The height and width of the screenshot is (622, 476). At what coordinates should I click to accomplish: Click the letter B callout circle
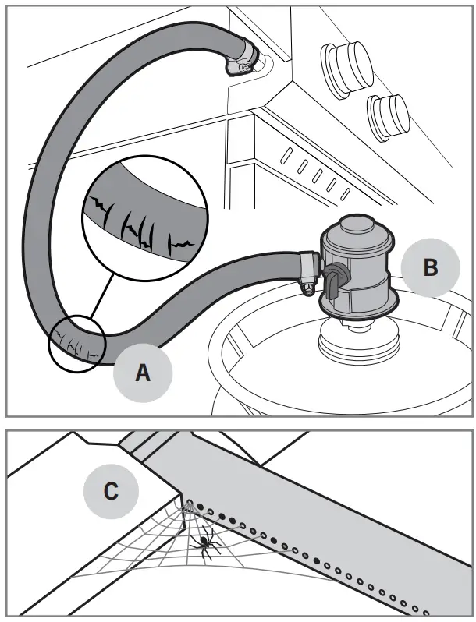430,267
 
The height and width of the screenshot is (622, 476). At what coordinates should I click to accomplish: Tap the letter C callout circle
112,491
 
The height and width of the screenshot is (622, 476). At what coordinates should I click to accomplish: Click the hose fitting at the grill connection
243,61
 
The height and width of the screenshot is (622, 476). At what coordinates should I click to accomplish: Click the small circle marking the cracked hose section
76,343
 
